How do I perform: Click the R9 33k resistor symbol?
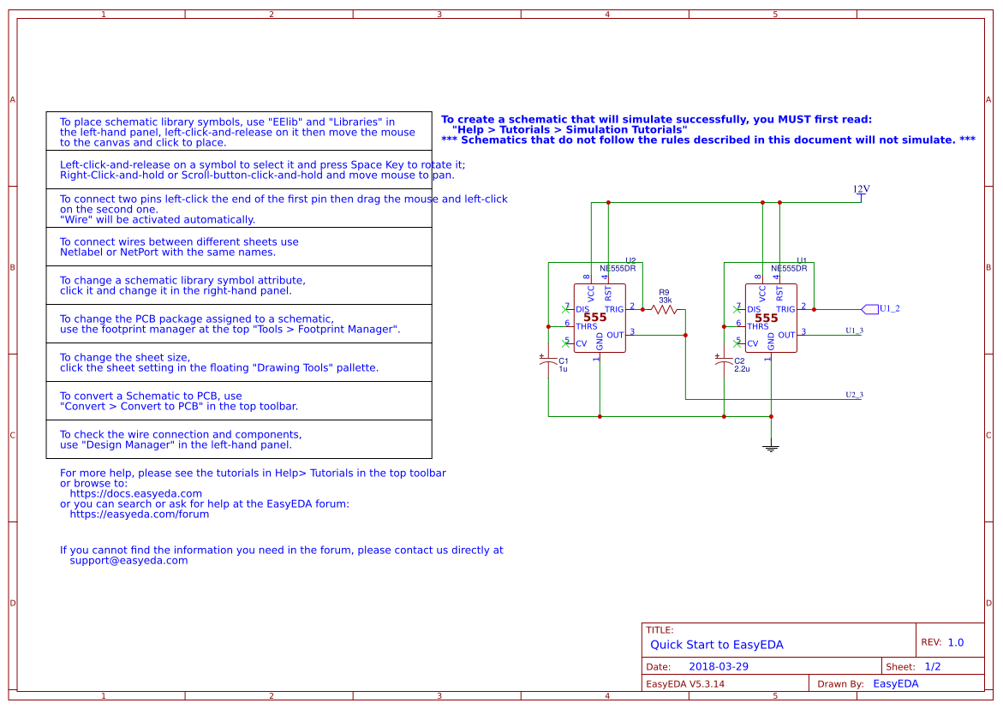tap(665, 309)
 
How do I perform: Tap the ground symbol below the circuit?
tap(771, 446)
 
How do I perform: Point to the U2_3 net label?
tap(854, 395)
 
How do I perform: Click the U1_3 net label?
tap(854, 331)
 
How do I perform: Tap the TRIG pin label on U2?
tap(614, 309)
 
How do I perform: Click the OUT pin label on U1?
tap(786, 335)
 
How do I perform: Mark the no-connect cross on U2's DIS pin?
tap(565, 307)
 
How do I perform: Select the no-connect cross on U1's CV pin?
tap(737, 343)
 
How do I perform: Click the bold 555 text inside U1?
tap(766, 318)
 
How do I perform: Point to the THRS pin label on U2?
tap(587, 326)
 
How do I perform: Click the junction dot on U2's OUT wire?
tap(685, 335)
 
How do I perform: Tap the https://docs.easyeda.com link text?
tap(135, 494)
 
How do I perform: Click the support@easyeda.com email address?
tap(128, 561)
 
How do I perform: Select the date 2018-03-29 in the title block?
tap(718, 666)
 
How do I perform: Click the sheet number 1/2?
tap(933, 666)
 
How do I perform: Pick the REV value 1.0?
tap(955, 642)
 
